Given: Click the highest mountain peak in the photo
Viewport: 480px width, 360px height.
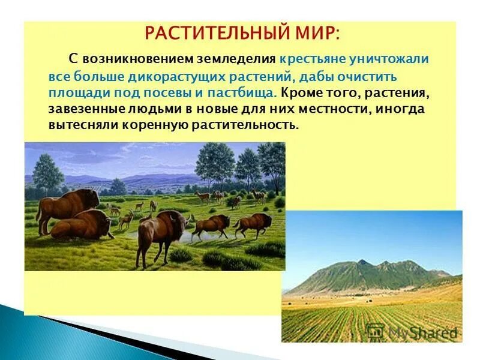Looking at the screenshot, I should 363,262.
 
